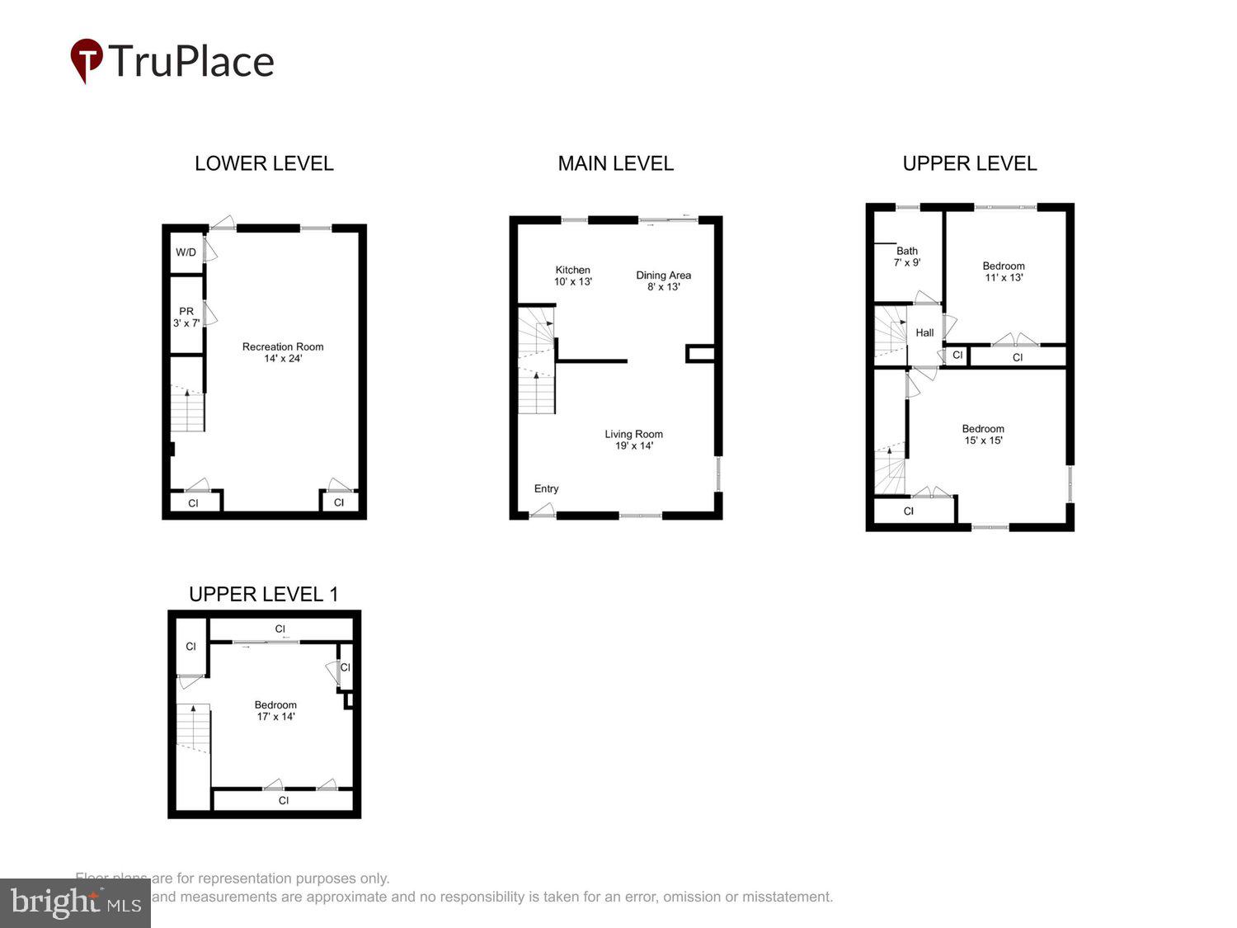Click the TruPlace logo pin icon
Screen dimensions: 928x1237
pyautogui.click(x=86, y=60)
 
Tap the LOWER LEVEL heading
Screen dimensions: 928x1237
pyautogui.click(x=264, y=163)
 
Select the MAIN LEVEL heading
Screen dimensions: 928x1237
pyautogui.click(x=615, y=163)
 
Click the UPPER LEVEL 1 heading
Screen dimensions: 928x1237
pyautogui.click(x=263, y=594)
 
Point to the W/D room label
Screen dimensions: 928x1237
pyautogui.click(x=186, y=252)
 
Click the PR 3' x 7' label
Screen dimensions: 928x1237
pyautogui.click(x=186, y=317)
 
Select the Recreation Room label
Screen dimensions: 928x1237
pyautogui.click(x=283, y=352)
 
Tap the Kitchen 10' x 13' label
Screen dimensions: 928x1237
pyautogui.click(x=572, y=276)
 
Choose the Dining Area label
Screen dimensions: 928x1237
pyautogui.click(x=663, y=280)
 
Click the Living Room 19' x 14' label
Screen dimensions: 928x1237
pyautogui.click(x=633, y=440)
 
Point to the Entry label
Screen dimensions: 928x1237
pyautogui.click(x=546, y=488)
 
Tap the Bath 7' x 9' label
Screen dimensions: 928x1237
pyautogui.click(x=907, y=257)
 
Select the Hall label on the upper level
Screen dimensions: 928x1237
pyautogui.click(x=924, y=332)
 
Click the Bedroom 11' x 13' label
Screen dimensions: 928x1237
pyautogui.click(x=1004, y=271)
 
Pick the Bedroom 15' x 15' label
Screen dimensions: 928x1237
pyautogui.click(x=983, y=434)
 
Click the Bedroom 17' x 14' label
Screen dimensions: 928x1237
pyautogui.click(x=275, y=710)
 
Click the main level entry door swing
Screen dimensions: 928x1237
pyautogui.click(x=542, y=511)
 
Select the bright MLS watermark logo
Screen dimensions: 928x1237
pyautogui.click(x=75, y=902)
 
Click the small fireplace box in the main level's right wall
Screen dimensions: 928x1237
pyautogui.click(x=699, y=354)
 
